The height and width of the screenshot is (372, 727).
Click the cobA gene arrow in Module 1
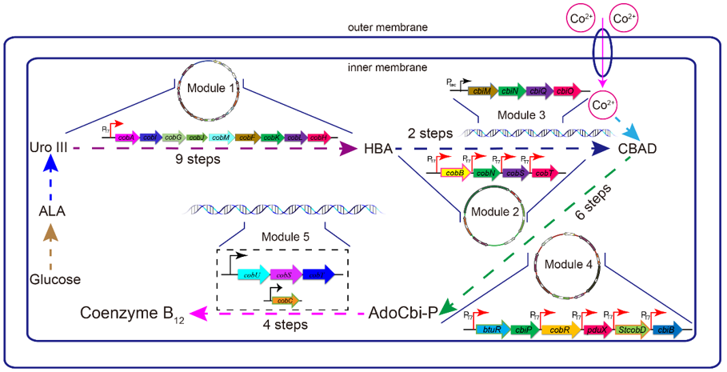coord(126,138)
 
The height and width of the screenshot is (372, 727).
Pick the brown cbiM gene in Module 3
coord(482,92)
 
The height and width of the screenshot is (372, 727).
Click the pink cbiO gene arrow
coord(564,92)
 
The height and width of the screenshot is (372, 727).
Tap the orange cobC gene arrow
coord(285,300)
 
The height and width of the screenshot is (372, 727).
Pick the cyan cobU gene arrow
coord(253,274)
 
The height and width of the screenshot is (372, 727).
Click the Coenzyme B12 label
coord(128,314)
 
